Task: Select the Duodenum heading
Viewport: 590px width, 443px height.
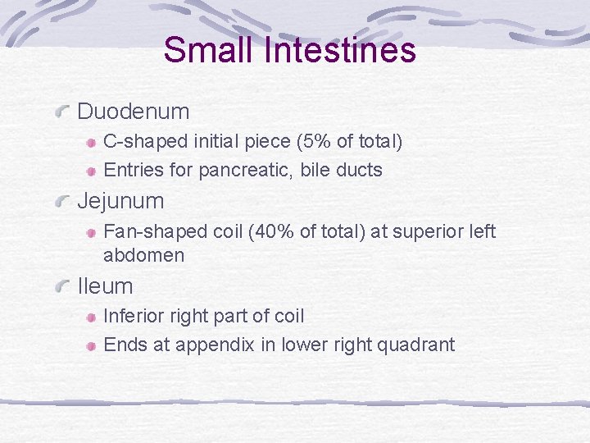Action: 133,112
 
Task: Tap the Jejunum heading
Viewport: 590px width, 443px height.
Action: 120,201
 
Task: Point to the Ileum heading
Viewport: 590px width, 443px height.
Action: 105,286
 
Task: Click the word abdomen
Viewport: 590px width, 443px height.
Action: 143,255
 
